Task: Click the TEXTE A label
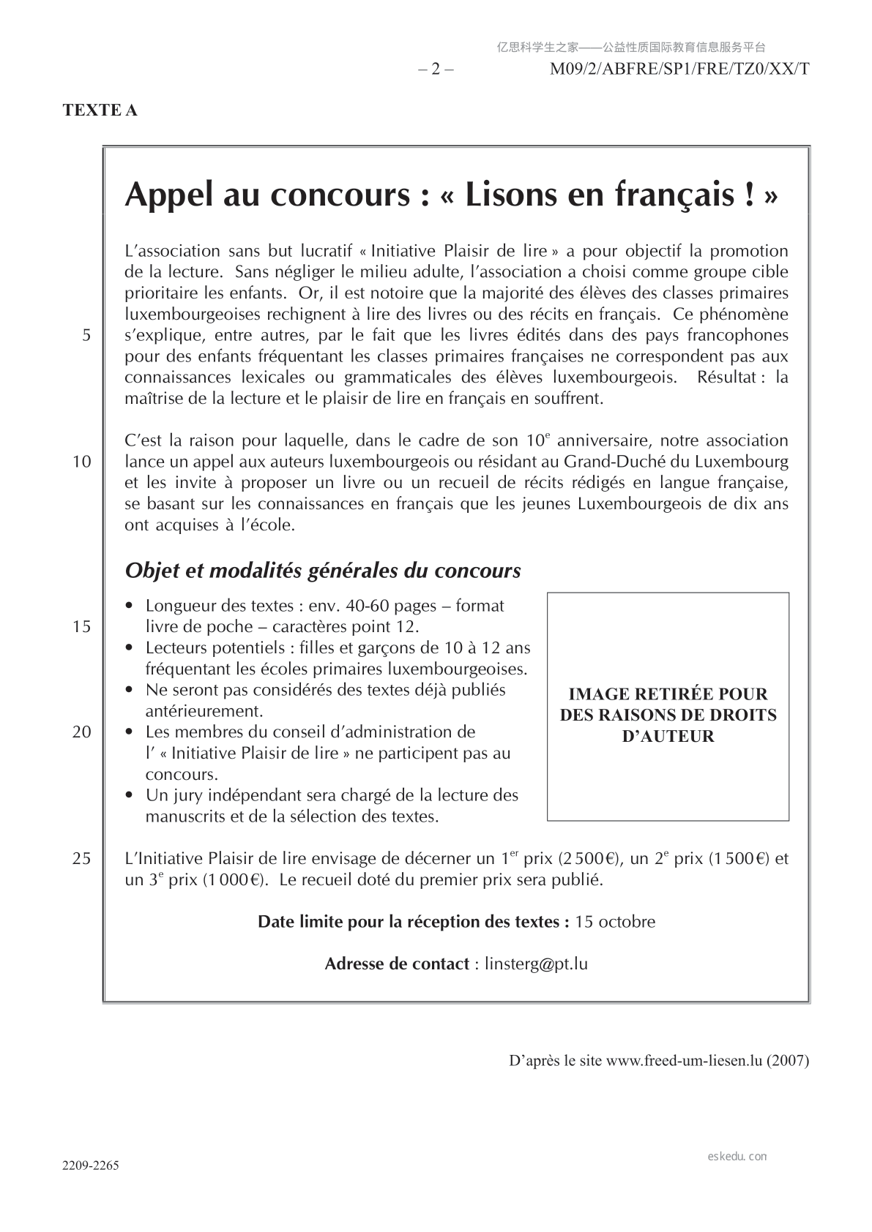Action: [x=100, y=110]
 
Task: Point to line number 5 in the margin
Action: [x=86, y=336]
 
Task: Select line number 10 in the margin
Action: [x=82, y=462]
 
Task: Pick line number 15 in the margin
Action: [x=82, y=626]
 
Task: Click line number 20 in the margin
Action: [x=82, y=732]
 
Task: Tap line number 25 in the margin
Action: [x=82, y=858]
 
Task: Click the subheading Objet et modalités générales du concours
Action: [x=323, y=571]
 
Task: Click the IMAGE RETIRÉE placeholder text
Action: [x=668, y=715]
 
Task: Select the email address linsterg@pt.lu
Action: [x=536, y=964]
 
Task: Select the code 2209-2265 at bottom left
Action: [x=91, y=1165]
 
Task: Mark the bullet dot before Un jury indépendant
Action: [x=130, y=795]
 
